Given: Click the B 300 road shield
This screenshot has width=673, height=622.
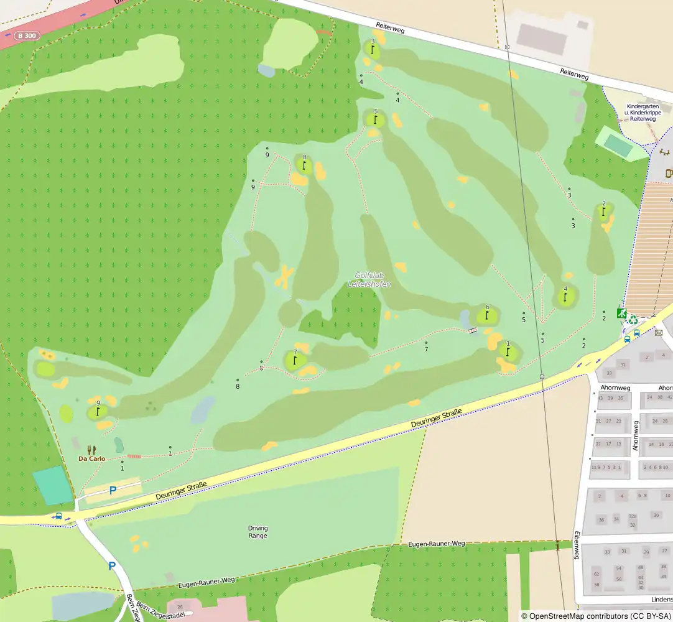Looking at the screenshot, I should click(28, 36).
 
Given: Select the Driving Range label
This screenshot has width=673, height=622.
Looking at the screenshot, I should click(258, 532).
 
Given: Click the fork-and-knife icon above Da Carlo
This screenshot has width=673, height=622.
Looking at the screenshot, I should click(92, 449).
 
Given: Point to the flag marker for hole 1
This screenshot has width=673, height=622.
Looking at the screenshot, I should click(508, 352).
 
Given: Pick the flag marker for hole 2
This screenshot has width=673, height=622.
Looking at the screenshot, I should click(603, 211).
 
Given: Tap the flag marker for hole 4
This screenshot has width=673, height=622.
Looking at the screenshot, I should click(565, 297).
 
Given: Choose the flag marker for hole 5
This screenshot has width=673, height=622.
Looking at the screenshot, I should click(376, 119).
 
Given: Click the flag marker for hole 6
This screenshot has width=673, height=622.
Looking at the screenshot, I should click(487, 315).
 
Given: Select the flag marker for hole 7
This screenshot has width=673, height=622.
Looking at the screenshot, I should click(295, 360).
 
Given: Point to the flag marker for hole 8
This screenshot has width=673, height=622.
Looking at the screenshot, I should click(304, 165).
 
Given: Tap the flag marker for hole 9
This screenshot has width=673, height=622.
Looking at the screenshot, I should click(98, 411).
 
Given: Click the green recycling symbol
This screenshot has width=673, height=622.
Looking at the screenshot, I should click(633, 320).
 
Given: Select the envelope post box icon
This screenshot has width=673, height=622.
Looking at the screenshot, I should click(659, 333).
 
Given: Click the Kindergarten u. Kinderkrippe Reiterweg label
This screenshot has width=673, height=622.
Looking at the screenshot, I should click(643, 112).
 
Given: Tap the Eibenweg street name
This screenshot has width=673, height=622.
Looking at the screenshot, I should click(577, 545).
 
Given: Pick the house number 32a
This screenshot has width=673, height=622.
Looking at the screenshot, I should click(633, 516).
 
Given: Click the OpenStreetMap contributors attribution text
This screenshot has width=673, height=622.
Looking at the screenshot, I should click(595, 616).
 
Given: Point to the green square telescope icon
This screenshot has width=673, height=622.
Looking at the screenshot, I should click(621, 313).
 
